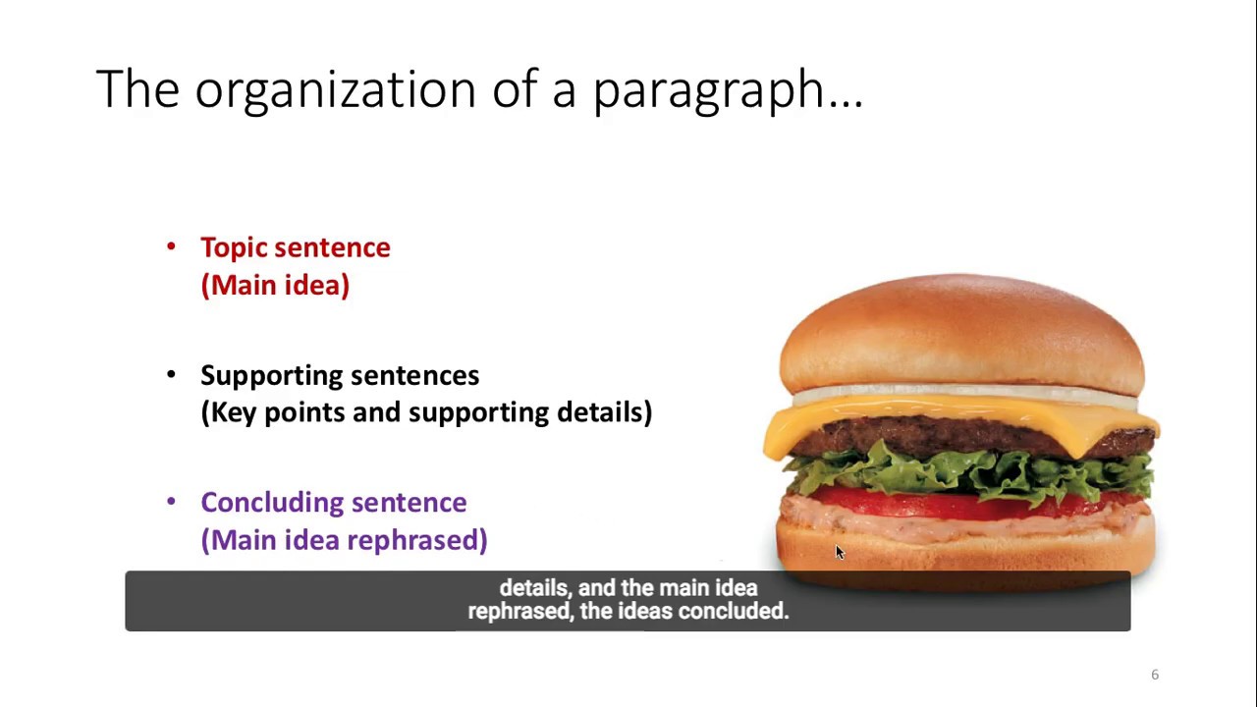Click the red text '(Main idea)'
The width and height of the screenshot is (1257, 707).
(275, 285)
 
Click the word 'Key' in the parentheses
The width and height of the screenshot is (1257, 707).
(235, 412)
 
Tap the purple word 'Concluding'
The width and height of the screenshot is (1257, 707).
(272, 503)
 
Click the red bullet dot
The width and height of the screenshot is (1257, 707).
(172, 246)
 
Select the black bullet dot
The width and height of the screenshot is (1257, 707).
(172, 374)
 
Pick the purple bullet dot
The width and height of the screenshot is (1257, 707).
(172, 502)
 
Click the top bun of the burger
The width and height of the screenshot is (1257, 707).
(960, 329)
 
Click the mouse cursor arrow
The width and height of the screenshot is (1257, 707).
(839, 552)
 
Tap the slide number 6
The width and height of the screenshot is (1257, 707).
(1155, 675)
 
